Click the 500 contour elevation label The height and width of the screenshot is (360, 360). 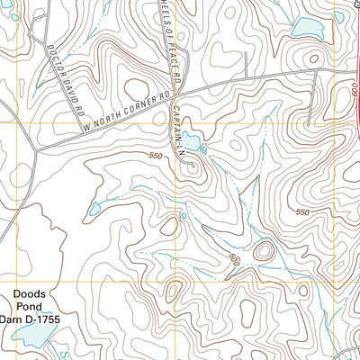pyautogui.click(x=235, y=260)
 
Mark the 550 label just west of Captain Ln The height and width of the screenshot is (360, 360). pyautogui.click(x=158, y=158)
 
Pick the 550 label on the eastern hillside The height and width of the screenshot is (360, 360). pyautogui.click(x=301, y=212)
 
